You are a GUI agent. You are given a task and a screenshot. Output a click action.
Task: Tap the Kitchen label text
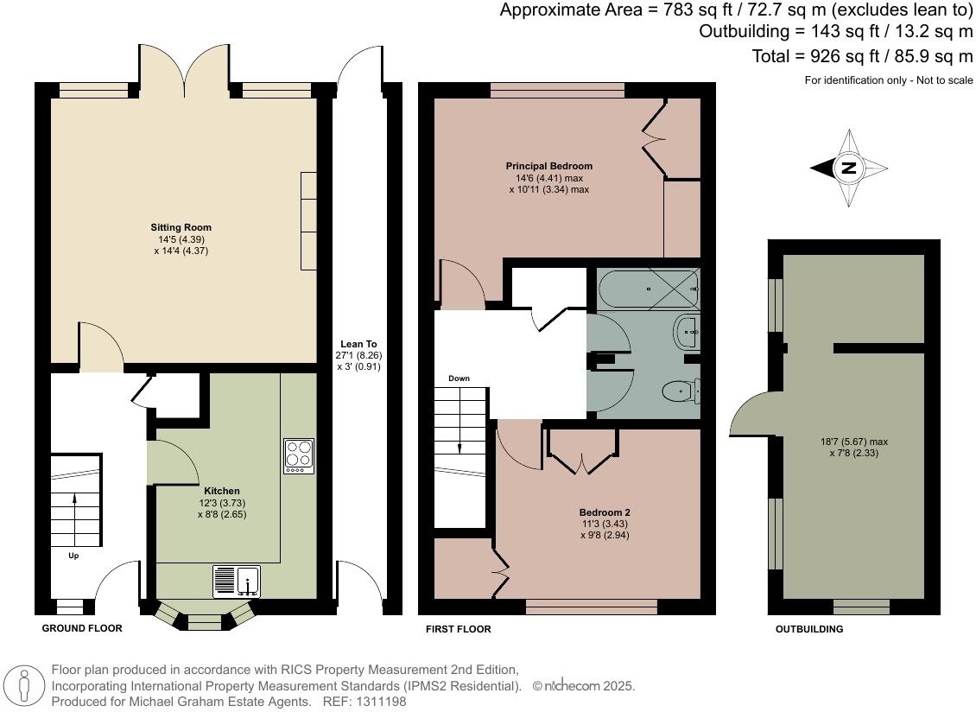point(222,491)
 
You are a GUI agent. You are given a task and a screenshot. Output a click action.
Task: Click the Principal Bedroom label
point(549,166)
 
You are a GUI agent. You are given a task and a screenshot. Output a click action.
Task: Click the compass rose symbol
point(849,168)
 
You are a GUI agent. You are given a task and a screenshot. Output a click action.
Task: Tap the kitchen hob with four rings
point(299,456)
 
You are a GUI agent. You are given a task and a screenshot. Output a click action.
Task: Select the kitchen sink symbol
point(236,581)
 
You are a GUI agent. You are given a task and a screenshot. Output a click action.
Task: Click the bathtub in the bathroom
point(648,288)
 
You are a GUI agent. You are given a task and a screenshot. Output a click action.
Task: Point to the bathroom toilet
point(682,393)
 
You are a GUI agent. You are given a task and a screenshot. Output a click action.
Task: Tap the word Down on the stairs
point(459,378)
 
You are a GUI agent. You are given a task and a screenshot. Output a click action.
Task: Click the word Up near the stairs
point(73,556)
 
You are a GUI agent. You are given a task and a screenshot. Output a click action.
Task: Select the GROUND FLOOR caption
point(82,628)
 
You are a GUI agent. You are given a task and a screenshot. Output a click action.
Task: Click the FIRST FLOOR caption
point(458,629)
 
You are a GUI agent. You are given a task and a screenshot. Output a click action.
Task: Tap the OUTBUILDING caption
point(808,629)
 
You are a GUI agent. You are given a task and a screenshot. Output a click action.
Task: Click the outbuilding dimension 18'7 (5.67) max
point(852,442)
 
